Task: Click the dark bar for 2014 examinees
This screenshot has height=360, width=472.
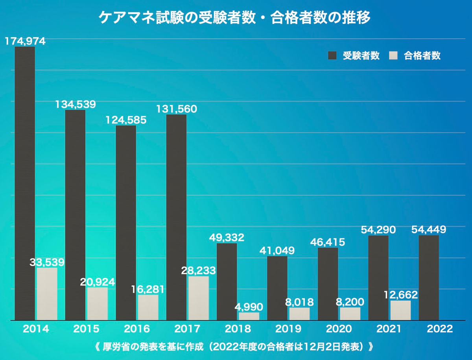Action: (25, 183)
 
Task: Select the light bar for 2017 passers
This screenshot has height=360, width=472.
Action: (198, 298)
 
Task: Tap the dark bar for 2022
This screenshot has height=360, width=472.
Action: (429, 277)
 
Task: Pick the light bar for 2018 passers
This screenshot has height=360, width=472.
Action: (249, 316)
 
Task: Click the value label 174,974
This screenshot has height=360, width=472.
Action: (25, 41)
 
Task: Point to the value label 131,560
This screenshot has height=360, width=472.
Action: (177, 109)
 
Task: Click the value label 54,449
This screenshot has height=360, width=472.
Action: (429, 229)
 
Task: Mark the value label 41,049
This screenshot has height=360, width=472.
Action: (277, 250)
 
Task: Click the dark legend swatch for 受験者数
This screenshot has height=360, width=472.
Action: (332, 56)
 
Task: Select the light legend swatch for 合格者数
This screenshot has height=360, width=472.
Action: (393, 56)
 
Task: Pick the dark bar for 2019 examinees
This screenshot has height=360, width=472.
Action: (277, 288)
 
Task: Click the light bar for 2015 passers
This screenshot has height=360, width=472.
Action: (98, 303)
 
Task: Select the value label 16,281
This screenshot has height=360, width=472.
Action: (148, 290)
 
